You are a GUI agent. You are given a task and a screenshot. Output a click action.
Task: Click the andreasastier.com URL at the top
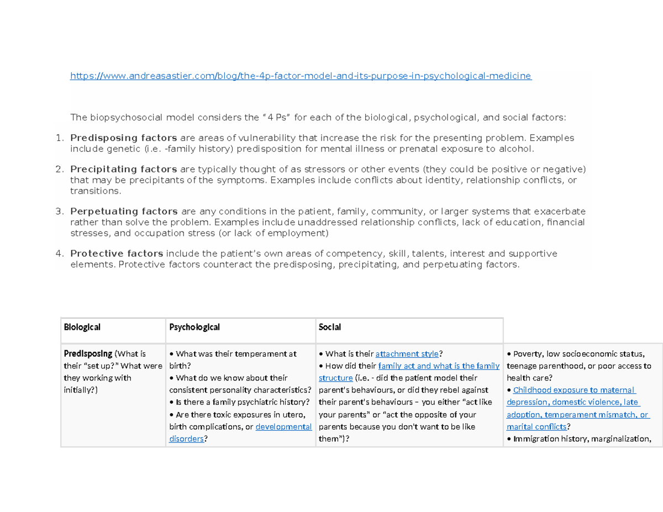pyautogui.click(x=301, y=76)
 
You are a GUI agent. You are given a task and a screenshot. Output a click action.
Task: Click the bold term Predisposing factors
pyautogui.click(x=124, y=138)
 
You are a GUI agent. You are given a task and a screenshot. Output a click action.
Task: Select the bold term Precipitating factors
pyautogui.click(x=124, y=168)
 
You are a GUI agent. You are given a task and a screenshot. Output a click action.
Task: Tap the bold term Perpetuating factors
pyautogui.click(x=124, y=211)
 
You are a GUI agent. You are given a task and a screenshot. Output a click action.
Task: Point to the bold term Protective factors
pyautogui.click(x=117, y=254)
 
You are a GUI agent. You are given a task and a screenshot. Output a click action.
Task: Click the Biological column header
pyautogui.click(x=82, y=327)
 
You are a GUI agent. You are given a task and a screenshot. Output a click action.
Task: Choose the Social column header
pyautogui.click(x=330, y=327)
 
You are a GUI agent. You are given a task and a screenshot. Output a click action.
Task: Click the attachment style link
pyautogui.click(x=407, y=354)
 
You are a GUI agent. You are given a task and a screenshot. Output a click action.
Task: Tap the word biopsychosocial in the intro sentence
pyautogui.click(x=123, y=117)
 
